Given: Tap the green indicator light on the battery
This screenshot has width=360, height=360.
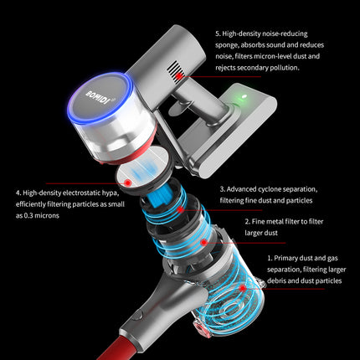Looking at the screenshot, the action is pyautogui.click(x=244, y=97).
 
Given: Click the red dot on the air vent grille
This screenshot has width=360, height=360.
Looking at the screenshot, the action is pyautogui.click(x=179, y=75).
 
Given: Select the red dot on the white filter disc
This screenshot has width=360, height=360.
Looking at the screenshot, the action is pyautogui.click(x=128, y=183).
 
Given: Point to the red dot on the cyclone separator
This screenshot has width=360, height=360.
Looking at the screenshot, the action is pyautogui.click(x=181, y=209).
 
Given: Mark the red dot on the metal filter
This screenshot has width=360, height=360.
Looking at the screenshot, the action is pyautogui.click(x=204, y=242).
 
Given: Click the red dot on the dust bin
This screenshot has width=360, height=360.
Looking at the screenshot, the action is pyautogui.click(x=243, y=288).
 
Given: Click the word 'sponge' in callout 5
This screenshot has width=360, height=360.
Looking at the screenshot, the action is pyautogui.click(x=226, y=45).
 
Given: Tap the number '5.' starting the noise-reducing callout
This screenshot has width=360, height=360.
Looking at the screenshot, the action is pyautogui.click(x=218, y=33).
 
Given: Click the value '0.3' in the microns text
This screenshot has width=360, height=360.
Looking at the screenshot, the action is pyautogui.click(x=28, y=215).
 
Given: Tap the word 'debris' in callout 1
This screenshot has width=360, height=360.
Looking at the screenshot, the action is pyautogui.click(x=276, y=280).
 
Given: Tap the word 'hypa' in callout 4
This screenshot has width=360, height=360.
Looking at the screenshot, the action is pyautogui.click(x=111, y=193).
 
